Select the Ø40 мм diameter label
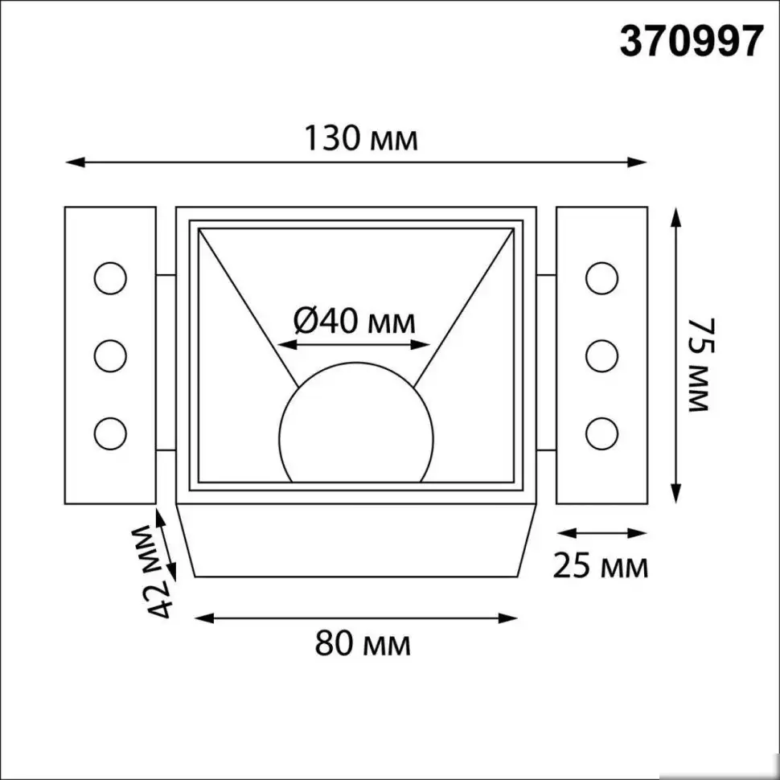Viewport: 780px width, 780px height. coord(355,322)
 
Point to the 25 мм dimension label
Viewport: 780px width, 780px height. coord(600,566)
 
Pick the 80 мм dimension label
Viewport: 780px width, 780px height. coord(361,644)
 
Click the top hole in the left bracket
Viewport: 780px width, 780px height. coord(109,278)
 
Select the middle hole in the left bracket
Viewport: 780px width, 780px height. coord(109,355)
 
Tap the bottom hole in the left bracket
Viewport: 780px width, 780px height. coord(109,433)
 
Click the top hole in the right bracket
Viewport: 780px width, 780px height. coord(601,278)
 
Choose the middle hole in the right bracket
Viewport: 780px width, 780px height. coord(601,355)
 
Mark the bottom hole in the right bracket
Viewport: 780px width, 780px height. coord(601,433)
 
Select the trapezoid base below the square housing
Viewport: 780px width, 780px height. coord(355,540)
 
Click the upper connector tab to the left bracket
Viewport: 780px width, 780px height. coord(166,276)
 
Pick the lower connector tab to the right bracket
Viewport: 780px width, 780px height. coord(545,451)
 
